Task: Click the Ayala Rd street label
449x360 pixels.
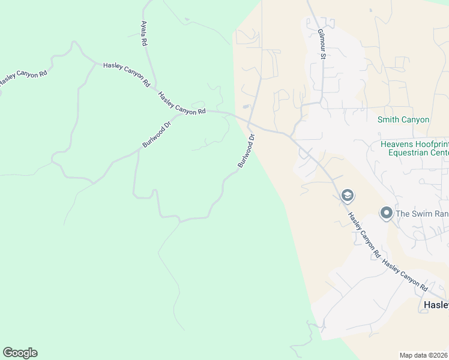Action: click(x=144, y=34)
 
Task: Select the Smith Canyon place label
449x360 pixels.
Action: click(x=403, y=119)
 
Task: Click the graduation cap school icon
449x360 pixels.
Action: click(x=347, y=196)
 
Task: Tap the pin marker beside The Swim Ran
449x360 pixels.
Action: click(x=387, y=213)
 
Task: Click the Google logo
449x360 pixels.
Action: click(x=20, y=353)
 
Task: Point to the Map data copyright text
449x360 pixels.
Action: click(x=424, y=355)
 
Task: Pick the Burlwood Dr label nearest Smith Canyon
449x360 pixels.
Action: click(x=247, y=151)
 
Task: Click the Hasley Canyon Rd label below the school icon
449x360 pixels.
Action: click(x=364, y=236)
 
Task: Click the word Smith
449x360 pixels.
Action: click(x=388, y=119)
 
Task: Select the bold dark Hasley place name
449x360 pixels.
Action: click(x=436, y=305)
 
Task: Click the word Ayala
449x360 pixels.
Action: click(x=144, y=30)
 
